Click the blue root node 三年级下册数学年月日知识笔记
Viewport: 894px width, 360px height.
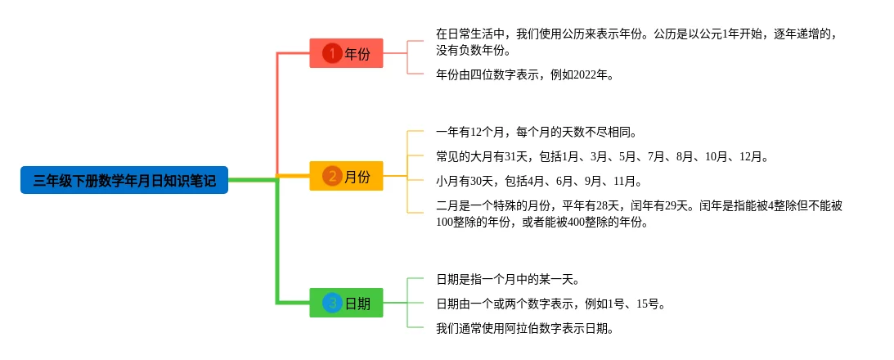pyautogui.click(x=124, y=180)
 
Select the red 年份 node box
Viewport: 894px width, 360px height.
pyautogui.click(x=346, y=53)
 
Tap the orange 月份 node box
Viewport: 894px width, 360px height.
pyautogui.click(x=346, y=176)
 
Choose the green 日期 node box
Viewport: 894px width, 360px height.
pyautogui.click(x=346, y=303)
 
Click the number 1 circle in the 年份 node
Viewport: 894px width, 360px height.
pyautogui.click(x=332, y=53)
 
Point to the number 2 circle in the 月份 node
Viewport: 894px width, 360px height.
pyautogui.click(x=332, y=176)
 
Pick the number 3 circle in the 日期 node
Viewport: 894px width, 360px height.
pyautogui.click(x=332, y=303)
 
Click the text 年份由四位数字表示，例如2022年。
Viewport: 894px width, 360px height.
pyautogui.click(x=524, y=74)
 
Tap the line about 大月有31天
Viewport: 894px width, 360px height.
pyautogui.click(x=602, y=156)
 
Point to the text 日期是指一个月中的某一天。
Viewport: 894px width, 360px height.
pyautogui.click(x=513, y=279)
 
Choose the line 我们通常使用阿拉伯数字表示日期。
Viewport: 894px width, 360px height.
pyautogui.click(x=524, y=328)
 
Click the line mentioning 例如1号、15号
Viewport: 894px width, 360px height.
pyautogui.click(x=550, y=304)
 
